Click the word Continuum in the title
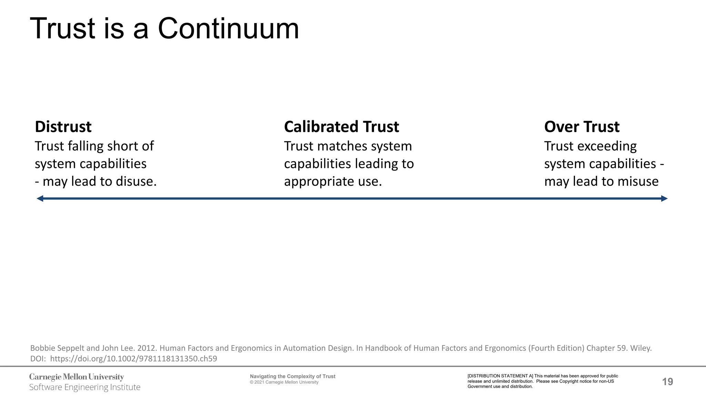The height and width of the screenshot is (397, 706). (228, 29)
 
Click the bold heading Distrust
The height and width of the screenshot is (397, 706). (63, 127)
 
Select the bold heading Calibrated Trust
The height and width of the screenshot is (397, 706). (341, 127)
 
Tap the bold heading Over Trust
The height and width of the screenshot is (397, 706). (582, 127)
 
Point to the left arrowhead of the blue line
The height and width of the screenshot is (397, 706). (40, 198)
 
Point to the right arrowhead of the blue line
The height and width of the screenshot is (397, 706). (664, 198)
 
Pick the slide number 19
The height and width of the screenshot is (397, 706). (667, 381)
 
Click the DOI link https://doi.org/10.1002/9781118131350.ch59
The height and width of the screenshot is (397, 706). (133, 359)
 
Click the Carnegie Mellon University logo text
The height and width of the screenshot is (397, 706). (77, 377)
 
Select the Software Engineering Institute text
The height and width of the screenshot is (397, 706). (84, 387)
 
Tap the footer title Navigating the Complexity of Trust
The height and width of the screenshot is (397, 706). (292, 376)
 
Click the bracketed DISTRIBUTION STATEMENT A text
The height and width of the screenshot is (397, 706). (500, 376)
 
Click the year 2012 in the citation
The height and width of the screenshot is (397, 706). (146, 348)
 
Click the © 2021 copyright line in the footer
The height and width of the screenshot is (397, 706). (284, 382)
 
